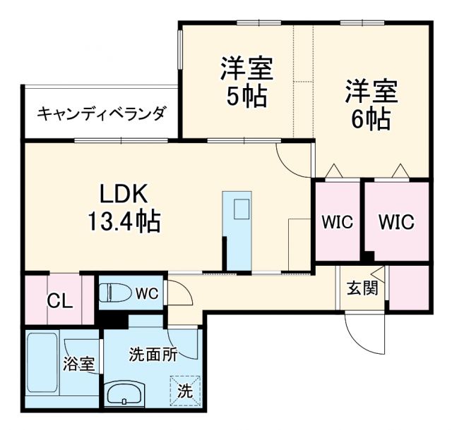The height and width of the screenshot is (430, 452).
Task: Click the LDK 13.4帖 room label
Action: click(x=124, y=208)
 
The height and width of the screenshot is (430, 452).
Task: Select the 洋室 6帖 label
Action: click(x=371, y=104)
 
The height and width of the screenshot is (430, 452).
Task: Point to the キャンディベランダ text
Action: click(x=102, y=113)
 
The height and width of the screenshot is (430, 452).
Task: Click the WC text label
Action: click(x=148, y=292)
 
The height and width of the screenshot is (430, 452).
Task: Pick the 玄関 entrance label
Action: click(x=357, y=288)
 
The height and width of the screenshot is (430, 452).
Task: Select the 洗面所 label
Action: click(x=153, y=354)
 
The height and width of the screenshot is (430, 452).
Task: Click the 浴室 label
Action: click(x=78, y=364)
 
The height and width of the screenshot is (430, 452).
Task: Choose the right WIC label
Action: click(x=395, y=221)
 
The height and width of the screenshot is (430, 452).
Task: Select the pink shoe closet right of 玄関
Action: click(x=410, y=288)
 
